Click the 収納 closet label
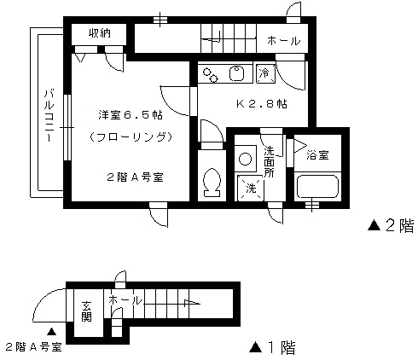tap(100, 33)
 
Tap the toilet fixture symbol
tap(212, 183)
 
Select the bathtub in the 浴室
tap(317, 187)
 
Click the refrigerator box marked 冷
tap(266, 73)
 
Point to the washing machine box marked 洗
tap(251, 188)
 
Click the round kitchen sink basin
tap(237, 73)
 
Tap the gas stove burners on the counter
tap(211, 75)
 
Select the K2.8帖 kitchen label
tap(262, 104)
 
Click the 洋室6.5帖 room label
tap(131, 115)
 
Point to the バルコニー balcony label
tap(49, 115)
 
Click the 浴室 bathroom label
tap(317, 155)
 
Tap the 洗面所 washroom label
tap(269, 161)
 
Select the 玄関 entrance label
tap(86, 311)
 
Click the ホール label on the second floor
tap(283, 41)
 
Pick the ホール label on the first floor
tap(125, 300)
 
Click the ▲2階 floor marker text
tap(391, 226)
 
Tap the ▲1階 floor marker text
tap(272, 347)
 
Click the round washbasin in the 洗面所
tap(245, 159)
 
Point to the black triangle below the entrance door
tap(51, 331)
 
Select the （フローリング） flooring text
tap(131, 137)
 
